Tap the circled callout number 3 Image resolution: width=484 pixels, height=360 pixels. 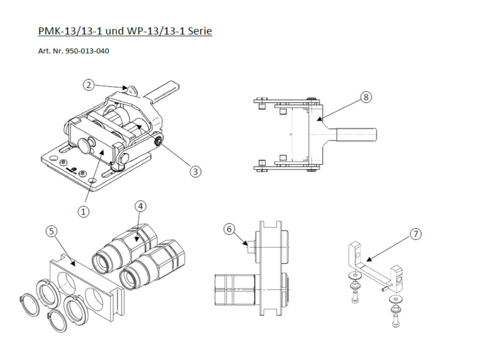[x=195, y=171]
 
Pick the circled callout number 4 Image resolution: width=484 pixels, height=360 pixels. [x=140, y=206]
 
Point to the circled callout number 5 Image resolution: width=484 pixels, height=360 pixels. [x=51, y=231]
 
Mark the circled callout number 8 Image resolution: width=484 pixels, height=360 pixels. [x=365, y=96]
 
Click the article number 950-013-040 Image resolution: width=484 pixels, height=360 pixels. [x=87, y=51]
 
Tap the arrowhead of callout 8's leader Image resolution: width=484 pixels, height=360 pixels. [x=319, y=120]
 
